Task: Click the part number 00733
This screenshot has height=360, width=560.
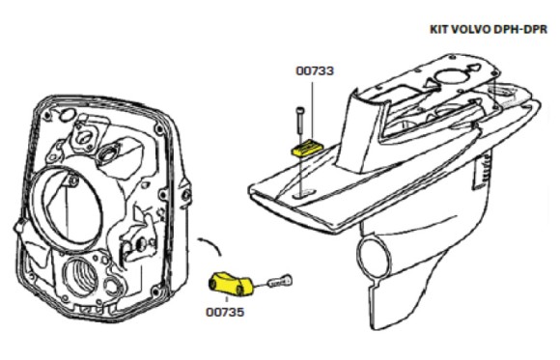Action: pyautogui.click(x=315, y=70)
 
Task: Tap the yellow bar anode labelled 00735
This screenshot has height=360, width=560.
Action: pyautogui.click(x=232, y=284)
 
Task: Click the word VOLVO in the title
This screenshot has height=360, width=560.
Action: pyautogui.click(x=474, y=29)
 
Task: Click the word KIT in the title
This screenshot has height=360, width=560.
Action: pyautogui.click(x=441, y=29)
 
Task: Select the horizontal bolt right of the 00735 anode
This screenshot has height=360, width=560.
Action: pyautogui.click(x=278, y=282)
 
